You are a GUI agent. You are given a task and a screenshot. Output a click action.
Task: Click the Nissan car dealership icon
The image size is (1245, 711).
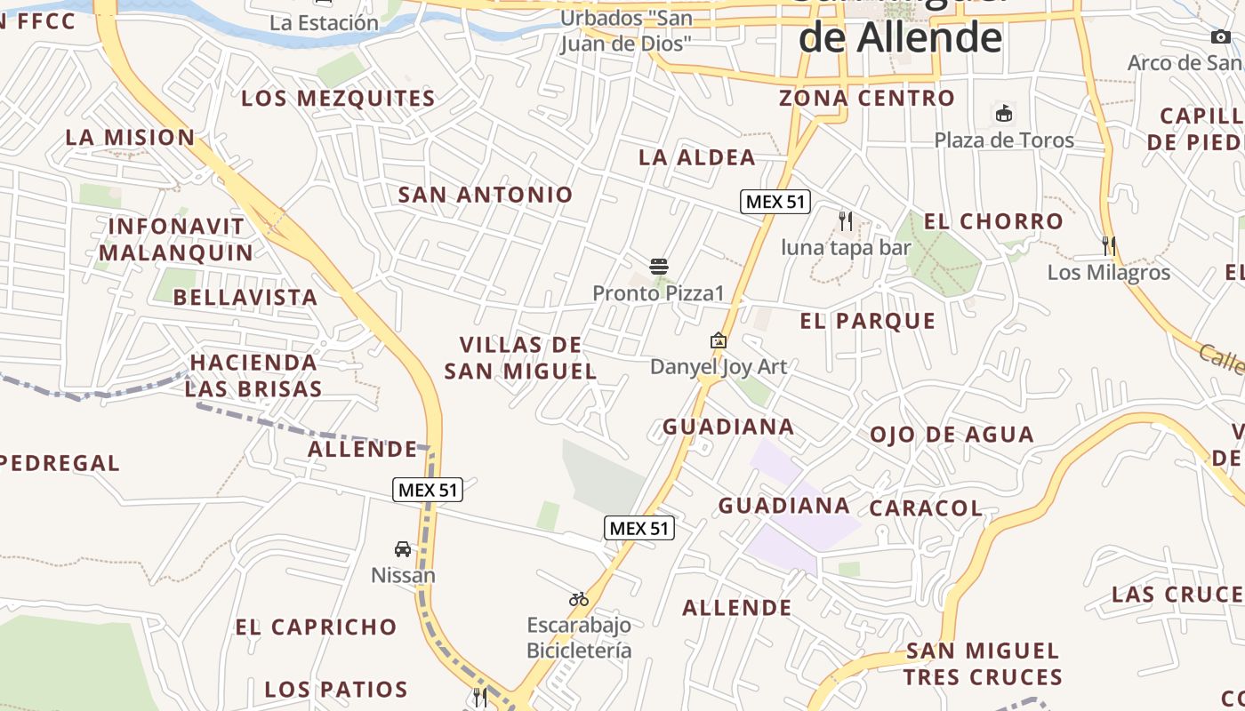coord(403,549)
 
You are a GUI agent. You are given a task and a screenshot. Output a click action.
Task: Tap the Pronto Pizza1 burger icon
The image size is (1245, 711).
coord(659,266)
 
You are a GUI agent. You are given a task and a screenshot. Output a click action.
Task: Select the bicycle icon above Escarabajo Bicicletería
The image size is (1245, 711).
coord(579,599)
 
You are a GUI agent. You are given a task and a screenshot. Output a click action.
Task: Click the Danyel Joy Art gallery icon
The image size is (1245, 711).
coord(719,340)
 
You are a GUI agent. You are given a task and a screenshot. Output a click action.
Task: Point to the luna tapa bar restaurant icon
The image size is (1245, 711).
coord(846,220)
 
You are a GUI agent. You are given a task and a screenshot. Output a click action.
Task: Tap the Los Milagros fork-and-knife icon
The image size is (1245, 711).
coord(1109,245)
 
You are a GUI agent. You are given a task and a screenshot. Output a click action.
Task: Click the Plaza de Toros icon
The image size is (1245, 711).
coord(1004,114)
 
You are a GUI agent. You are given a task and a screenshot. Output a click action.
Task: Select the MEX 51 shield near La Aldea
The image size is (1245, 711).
coord(775,202)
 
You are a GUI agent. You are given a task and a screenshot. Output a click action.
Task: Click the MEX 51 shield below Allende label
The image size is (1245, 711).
coord(428,490)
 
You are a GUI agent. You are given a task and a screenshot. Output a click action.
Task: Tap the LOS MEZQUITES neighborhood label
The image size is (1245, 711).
coord(339,99)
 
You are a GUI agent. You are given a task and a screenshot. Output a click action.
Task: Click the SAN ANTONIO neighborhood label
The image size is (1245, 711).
coord(486,195)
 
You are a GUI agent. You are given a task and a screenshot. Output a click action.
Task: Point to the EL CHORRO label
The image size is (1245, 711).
coord(993,221)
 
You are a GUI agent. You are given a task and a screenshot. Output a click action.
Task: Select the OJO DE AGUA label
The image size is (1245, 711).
coord(952,435)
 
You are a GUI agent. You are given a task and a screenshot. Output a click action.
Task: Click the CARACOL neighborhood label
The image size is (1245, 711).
coord(926,508)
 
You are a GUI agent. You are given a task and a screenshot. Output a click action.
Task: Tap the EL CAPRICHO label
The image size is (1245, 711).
coord(316,627)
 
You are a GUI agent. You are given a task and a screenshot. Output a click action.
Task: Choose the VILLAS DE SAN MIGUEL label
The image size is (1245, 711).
coord(520,358)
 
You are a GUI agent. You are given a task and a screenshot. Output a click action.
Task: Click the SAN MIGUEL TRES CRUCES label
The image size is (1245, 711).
coord(983,664)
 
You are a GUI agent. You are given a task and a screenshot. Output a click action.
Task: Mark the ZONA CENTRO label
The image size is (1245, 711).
coord(867,98)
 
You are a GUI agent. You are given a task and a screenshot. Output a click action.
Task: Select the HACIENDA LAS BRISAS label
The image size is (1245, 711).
coord(253,375)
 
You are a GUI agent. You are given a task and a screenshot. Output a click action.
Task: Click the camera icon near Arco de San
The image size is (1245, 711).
coord(1221,36)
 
